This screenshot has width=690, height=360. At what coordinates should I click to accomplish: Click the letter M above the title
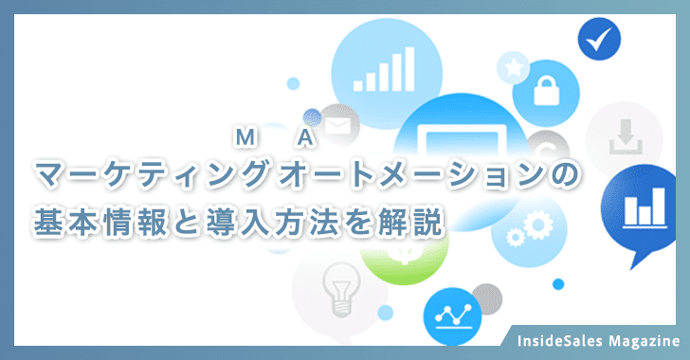pos(243,139)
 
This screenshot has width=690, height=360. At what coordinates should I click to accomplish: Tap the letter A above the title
pos(304,139)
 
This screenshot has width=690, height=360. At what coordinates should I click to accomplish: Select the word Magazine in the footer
pos(643,339)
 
